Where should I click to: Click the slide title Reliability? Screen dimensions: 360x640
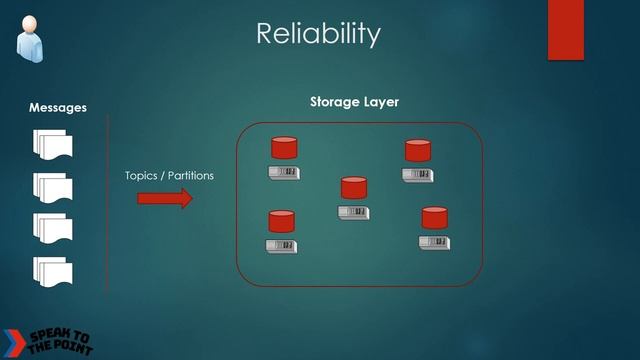(x=319, y=33)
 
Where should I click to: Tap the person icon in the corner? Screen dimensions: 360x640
(x=29, y=34)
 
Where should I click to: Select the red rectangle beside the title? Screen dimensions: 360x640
(x=565, y=29)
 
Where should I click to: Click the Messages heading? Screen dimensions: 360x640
(x=57, y=107)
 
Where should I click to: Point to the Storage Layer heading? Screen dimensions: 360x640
(x=354, y=102)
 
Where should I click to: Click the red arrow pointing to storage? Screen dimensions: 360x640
(x=164, y=198)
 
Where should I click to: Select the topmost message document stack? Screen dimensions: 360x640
(x=53, y=146)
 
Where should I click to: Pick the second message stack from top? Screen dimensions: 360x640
(x=53, y=187)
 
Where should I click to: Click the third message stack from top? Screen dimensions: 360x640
(x=53, y=228)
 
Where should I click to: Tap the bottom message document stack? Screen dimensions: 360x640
(x=53, y=270)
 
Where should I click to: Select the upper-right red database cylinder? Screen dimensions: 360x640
(x=417, y=151)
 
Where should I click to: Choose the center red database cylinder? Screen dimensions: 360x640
(x=354, y=188)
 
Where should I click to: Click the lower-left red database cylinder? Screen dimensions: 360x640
(x=282, y=221)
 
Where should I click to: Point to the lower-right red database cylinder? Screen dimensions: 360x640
(x=434, y=218)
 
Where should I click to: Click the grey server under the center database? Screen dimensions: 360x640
(x=354, y=212)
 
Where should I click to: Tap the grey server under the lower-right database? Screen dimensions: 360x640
(x=434, y=242)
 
